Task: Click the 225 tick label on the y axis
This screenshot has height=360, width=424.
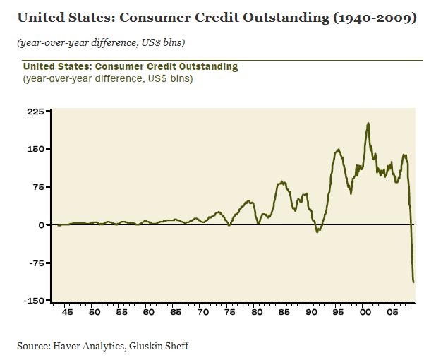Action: (x=35, y=112)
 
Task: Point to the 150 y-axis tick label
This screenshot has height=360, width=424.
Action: (x=35, y=149)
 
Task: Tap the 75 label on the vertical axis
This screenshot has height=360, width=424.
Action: (x=38, y=187)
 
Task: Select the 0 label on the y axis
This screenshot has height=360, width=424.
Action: (x=41, y=225)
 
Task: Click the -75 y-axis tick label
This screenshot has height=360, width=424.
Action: (x=37, y=263)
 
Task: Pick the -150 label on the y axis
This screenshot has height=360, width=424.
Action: (x=34, y=301)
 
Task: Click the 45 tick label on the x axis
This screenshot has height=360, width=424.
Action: (x=67, y=312)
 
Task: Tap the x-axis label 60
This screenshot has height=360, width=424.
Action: (x=148, y=312)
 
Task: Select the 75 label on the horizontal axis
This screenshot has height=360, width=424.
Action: (x=229, y=312)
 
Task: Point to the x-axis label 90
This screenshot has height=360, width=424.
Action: (x=311, y=312)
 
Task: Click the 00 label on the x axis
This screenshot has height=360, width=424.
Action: (x=365, y=312)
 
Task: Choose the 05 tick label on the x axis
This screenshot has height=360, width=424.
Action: (x=392, y=312)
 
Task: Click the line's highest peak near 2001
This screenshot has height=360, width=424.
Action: (x=368, y=124)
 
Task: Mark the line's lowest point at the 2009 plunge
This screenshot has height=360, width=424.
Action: (x=413, y=282)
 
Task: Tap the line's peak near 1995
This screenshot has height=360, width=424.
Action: (x=338, y=150)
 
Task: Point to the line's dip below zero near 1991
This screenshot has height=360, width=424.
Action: (x=317, y=232)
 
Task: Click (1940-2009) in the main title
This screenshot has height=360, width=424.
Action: (x=375, y=18)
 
